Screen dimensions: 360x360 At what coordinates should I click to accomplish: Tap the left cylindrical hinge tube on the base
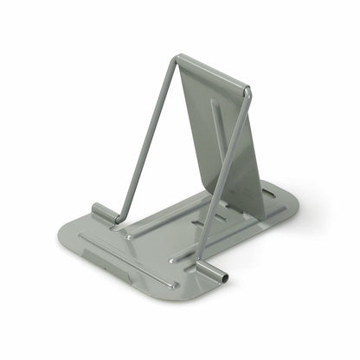tap(103, 212)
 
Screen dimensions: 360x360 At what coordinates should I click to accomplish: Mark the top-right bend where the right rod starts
tap(247, 90)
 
